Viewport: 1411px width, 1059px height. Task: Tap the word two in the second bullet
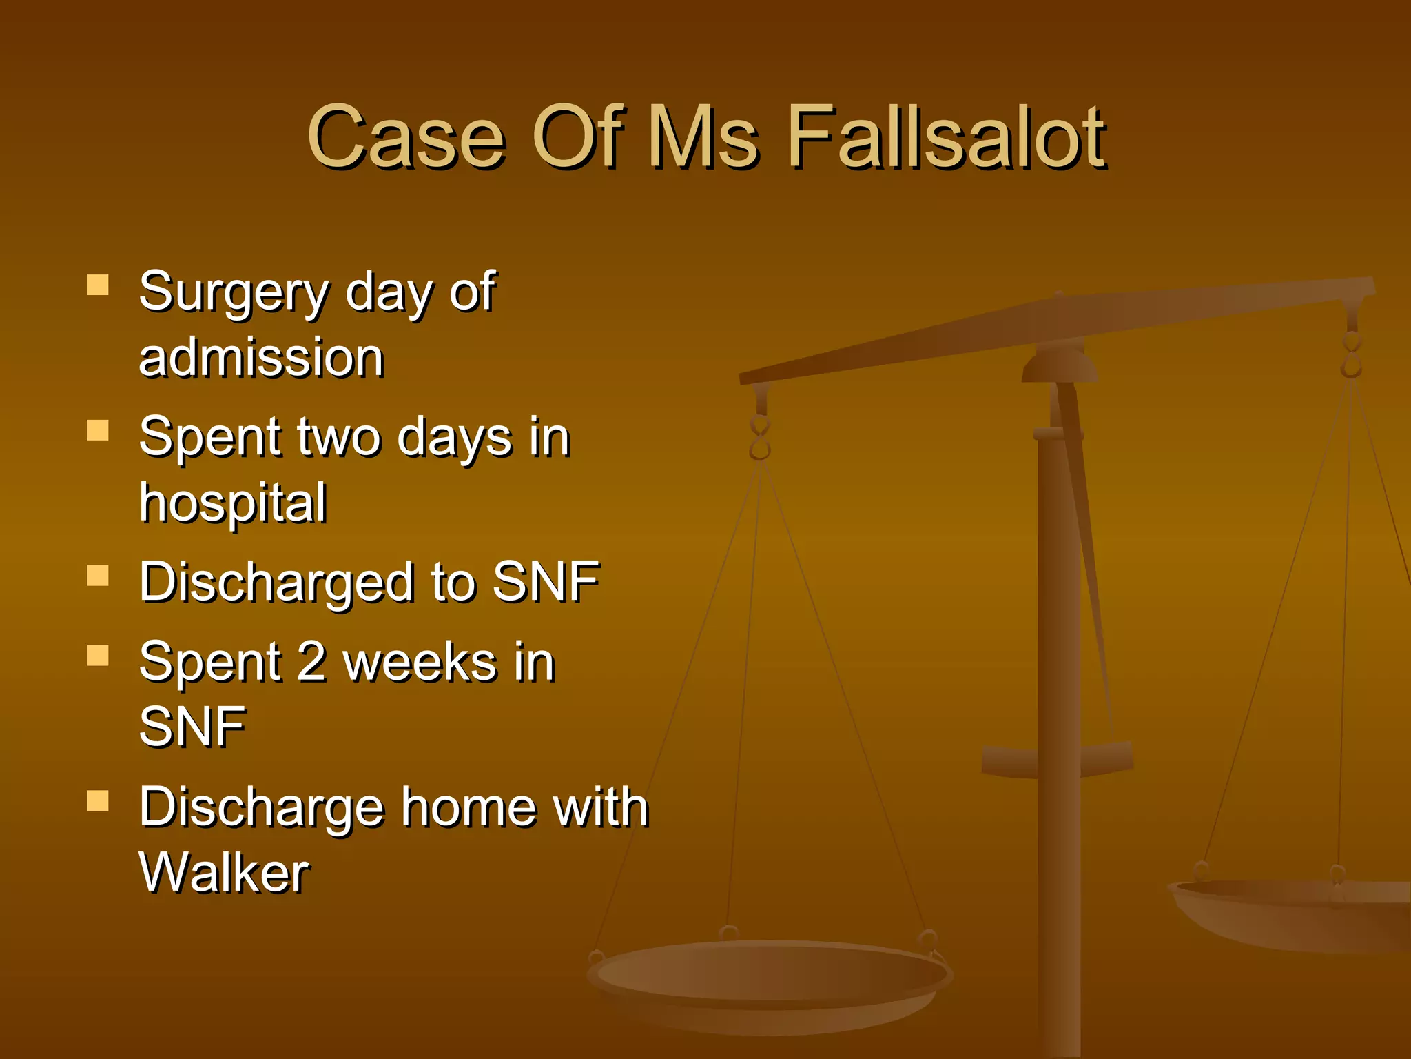[338, 437]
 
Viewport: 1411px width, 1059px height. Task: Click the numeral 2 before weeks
[311, 661]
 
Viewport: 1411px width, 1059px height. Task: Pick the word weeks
[420, 661]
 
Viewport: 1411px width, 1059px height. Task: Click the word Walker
[225, 873]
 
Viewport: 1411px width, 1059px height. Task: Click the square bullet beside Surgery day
[98, 285]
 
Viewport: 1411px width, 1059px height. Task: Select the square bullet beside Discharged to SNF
[98, 576]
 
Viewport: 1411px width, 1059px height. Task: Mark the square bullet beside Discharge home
[98, 800]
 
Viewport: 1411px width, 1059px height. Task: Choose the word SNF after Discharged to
[546, 582]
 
